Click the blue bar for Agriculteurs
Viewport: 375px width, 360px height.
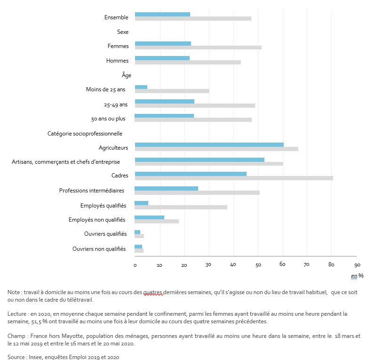pos(209,144)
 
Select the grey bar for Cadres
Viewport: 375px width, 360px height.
pos(234,178)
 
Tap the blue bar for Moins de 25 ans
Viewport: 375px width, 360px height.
pos(141,87)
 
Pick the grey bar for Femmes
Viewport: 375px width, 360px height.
pos(198,48)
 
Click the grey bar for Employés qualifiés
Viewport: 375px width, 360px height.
pos(181,207)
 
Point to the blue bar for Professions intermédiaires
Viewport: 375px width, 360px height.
pos(167,188)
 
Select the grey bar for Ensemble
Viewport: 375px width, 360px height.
pos(193,19)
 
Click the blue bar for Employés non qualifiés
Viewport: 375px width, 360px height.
pos(150,217)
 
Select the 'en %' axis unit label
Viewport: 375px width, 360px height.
pos(357,275)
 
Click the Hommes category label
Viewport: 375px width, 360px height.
pos(117,61)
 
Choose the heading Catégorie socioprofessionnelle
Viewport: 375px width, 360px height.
pos(85,134)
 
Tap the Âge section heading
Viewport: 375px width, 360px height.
pos(126,75)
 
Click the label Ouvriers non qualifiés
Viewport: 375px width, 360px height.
pos(99,248)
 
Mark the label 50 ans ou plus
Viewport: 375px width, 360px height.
pos(108,119)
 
